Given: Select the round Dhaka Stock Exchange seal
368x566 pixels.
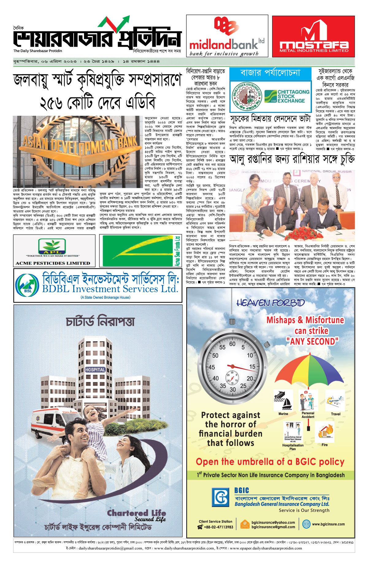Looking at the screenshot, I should (246, 96).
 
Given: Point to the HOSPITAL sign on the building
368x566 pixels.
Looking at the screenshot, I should (95, 370).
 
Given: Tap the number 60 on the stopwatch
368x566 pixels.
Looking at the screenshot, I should (232, 344).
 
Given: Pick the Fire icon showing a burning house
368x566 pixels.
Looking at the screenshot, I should (325, 431).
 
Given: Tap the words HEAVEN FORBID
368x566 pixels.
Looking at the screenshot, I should (270, 303).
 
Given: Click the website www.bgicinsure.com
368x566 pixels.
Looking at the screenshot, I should (328, 524).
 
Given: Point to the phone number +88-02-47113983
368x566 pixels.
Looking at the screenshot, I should (218, 527).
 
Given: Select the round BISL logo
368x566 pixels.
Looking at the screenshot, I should (27, 284).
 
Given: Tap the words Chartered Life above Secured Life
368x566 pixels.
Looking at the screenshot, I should (136, 513).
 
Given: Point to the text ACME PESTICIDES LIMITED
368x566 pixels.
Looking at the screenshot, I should (53, 263).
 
